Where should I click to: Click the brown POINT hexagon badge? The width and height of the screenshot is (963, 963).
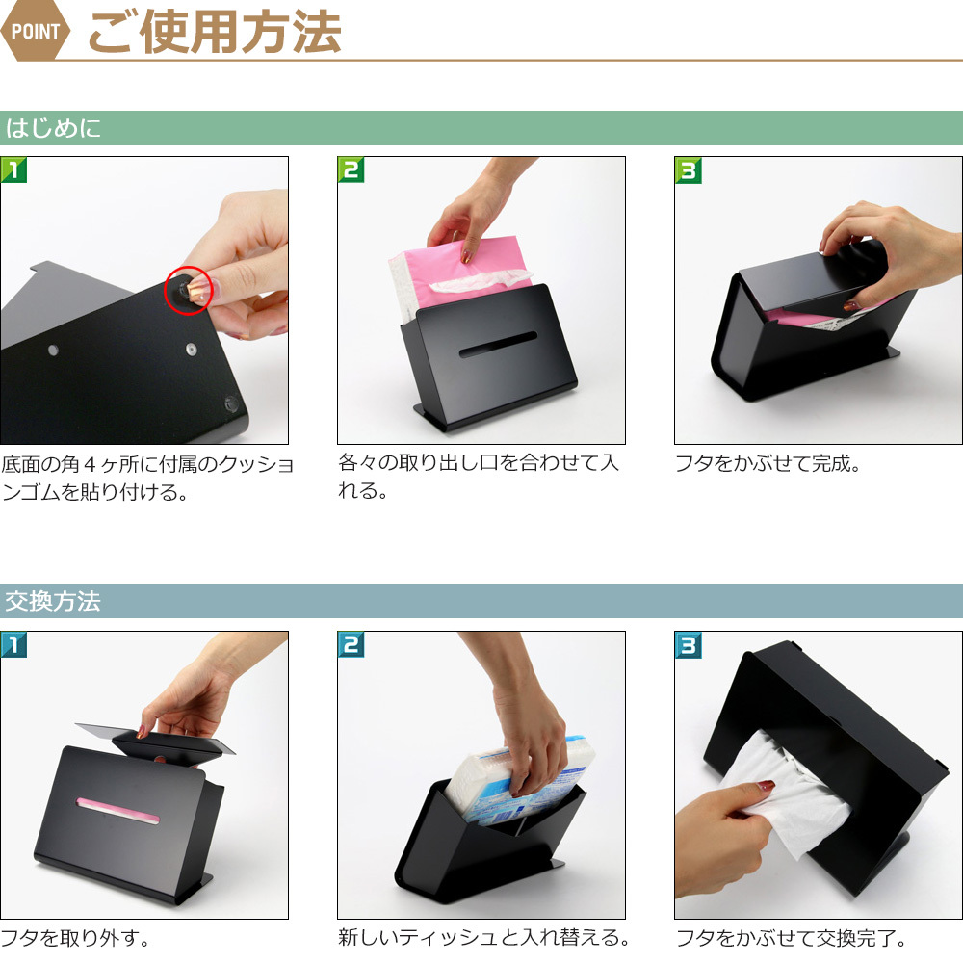(35, 30)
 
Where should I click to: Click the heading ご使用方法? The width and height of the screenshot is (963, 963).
(215, 32)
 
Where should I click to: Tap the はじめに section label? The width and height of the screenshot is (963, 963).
(53, 128)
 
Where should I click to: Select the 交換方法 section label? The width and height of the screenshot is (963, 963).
(53, 601)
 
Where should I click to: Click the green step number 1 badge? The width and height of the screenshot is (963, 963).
(13, 170)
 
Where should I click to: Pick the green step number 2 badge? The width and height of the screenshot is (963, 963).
(351, 170)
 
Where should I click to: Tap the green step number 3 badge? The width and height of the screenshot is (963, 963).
(688, 170)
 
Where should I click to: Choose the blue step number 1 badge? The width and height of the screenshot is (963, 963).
(13, 644)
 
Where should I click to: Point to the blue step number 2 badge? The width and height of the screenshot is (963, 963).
(351, 644)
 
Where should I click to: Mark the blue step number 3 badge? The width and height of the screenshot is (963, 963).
(688, 644)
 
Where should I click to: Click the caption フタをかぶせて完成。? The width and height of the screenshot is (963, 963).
(768, 464)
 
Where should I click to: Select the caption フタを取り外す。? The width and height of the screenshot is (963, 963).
(75, 938)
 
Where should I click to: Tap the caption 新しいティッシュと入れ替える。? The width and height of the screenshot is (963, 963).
(484, 937)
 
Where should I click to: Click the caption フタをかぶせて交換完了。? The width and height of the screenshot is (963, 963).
(791, 938)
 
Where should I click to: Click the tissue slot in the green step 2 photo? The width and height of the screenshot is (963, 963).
(498, 345)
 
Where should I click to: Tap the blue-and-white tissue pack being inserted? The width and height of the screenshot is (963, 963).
(519, 779)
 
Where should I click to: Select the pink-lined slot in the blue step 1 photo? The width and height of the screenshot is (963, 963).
(117, 811)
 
